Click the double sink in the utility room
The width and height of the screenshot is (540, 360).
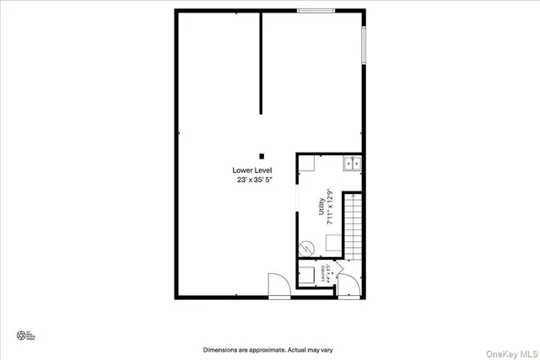click(352, 164)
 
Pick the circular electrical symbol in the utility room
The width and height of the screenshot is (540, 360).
click(309, 248)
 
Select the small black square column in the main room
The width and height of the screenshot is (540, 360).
click(262, 156)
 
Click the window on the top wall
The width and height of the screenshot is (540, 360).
click(316, 10)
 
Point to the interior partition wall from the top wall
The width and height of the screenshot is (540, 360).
click(261, 63)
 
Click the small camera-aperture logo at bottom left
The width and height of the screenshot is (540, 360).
click(19, 336)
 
